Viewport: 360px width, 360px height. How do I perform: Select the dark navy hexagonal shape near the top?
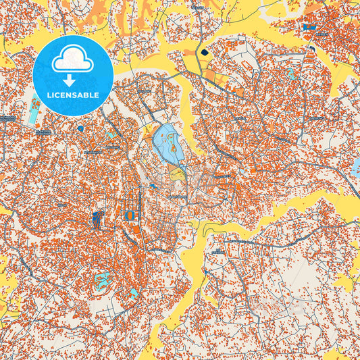click(205, 51)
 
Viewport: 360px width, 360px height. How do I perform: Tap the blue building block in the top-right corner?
click(310, 27)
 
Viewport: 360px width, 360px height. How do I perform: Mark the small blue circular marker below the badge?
click(80, 128)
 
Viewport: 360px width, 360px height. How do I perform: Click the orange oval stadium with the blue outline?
click(130, 215)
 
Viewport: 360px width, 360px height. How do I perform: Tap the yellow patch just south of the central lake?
click(177, 175)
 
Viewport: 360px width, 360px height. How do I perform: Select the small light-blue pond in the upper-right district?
click(291, 72)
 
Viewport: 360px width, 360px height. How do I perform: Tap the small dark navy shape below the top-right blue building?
click(312, 48)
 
